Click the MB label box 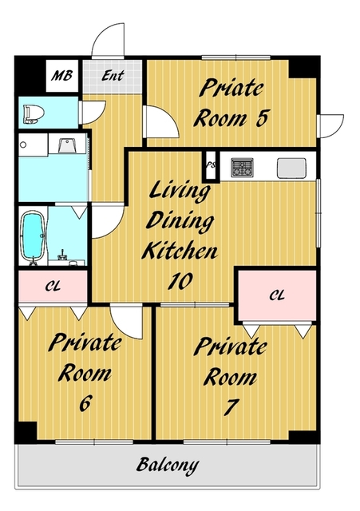click(62, 76)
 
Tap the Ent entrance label click(113, 75)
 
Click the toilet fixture click(34, 114)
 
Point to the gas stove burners click(242, 168)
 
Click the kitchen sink click(291, 168)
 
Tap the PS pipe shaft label click(211, 165)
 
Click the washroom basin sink click(67, 145)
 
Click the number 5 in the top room click(262, 118)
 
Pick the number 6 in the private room click(85, 402)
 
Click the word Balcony click(168, 465)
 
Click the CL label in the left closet click(53, 287)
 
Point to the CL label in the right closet click(277, 295)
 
